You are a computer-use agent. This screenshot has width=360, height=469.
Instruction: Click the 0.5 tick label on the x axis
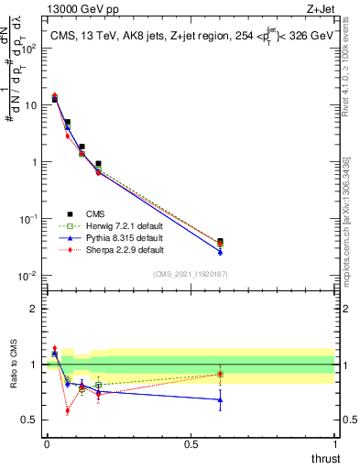coord(191,443)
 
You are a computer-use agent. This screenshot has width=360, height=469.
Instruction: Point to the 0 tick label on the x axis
coord(47,443)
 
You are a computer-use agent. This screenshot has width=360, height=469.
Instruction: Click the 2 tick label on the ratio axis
coord(35,309)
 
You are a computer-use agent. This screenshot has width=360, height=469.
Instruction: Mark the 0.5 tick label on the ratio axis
coord(30,420)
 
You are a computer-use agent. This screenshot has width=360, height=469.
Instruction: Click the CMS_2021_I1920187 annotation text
coord(191,273)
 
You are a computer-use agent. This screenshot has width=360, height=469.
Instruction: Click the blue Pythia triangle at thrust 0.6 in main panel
coord(219,251)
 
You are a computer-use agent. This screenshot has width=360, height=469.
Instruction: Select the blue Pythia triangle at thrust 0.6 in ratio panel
coord(219,399)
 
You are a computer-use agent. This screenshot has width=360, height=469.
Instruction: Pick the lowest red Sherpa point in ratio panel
coord(68,410)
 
